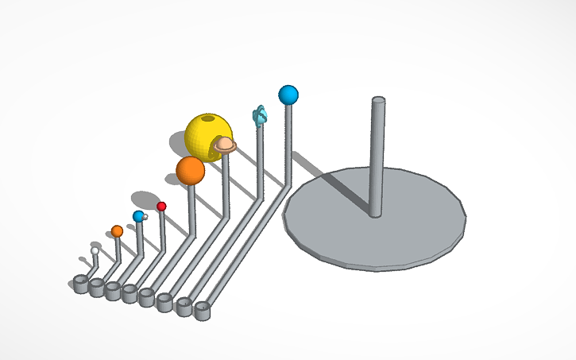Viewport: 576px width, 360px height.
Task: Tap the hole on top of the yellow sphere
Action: [x=208, y=119]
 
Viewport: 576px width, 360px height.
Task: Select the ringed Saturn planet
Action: [x=225, y=144]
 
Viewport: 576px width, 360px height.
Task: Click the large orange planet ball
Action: [x=190, y=170]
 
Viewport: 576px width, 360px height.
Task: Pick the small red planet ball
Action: [x=161, y=207]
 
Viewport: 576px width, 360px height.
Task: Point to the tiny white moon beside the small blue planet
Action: [x=145, y=216]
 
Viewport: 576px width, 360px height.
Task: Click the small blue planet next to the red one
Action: [x=138, y=216]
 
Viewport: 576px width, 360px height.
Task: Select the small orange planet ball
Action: [x=117, y=231]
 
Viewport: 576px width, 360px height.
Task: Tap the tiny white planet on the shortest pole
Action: [x=95, y=251]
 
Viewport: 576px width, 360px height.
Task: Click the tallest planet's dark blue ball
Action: [x=288, y=95]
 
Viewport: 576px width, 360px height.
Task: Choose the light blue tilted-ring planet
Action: [x=259, y=116]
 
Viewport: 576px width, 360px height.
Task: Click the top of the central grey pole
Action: [x=379, y=101]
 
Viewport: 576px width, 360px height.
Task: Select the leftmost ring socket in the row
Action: [x=80, y=284]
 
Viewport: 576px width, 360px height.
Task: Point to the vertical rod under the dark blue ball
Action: [x=288, y=143]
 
